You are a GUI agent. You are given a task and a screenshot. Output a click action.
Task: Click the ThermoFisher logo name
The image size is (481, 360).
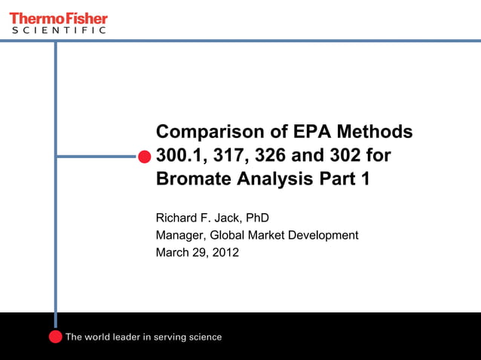point(58,17)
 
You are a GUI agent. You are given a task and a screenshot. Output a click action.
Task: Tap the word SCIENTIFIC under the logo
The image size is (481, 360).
point(58,31)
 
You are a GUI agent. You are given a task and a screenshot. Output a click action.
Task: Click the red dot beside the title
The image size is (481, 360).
point(144,157)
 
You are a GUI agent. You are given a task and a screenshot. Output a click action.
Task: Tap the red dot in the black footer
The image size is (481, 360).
point(55,337)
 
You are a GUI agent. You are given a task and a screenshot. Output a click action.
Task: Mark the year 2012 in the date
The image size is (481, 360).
point(225,253)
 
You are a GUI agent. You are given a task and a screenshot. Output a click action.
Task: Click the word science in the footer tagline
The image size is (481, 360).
point(204,337)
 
